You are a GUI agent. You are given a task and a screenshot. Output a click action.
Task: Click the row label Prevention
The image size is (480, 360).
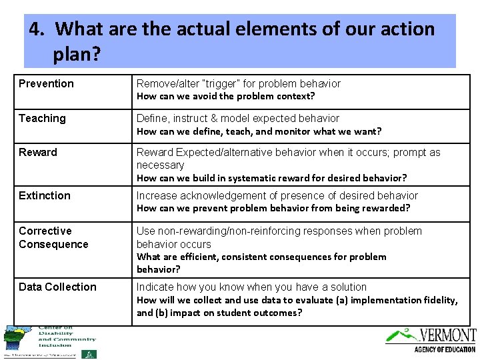[x=46, y=83]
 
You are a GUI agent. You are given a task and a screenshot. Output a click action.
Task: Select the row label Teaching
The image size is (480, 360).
[x=42, y=118]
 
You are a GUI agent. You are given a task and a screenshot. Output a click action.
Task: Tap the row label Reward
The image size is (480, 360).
[x=38, y=152]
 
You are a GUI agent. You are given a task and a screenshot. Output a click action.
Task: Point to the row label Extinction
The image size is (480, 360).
[x=44, y=195]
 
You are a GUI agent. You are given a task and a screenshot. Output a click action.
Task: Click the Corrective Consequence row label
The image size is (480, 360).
[x=53, y=237]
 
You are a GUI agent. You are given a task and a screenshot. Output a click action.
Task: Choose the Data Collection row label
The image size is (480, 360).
[x=57, y=287]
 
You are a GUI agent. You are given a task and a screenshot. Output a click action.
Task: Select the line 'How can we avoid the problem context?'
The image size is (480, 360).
[x=225, y=96]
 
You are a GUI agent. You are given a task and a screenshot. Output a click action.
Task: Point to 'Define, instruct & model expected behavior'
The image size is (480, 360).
[x=238, y=118]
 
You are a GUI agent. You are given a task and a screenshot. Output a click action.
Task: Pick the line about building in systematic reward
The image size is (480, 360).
[x=271, y=178]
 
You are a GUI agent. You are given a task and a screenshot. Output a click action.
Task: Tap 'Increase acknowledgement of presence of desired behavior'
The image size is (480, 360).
[x=277, y=195]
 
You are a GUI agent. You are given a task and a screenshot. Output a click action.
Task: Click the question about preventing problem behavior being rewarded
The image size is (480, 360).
[x=273, y=208]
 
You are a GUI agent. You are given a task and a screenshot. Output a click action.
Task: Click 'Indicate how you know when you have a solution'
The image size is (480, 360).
[x=251, y=287]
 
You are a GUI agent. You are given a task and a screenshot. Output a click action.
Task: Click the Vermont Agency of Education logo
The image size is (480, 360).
[x=431, y=339]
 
